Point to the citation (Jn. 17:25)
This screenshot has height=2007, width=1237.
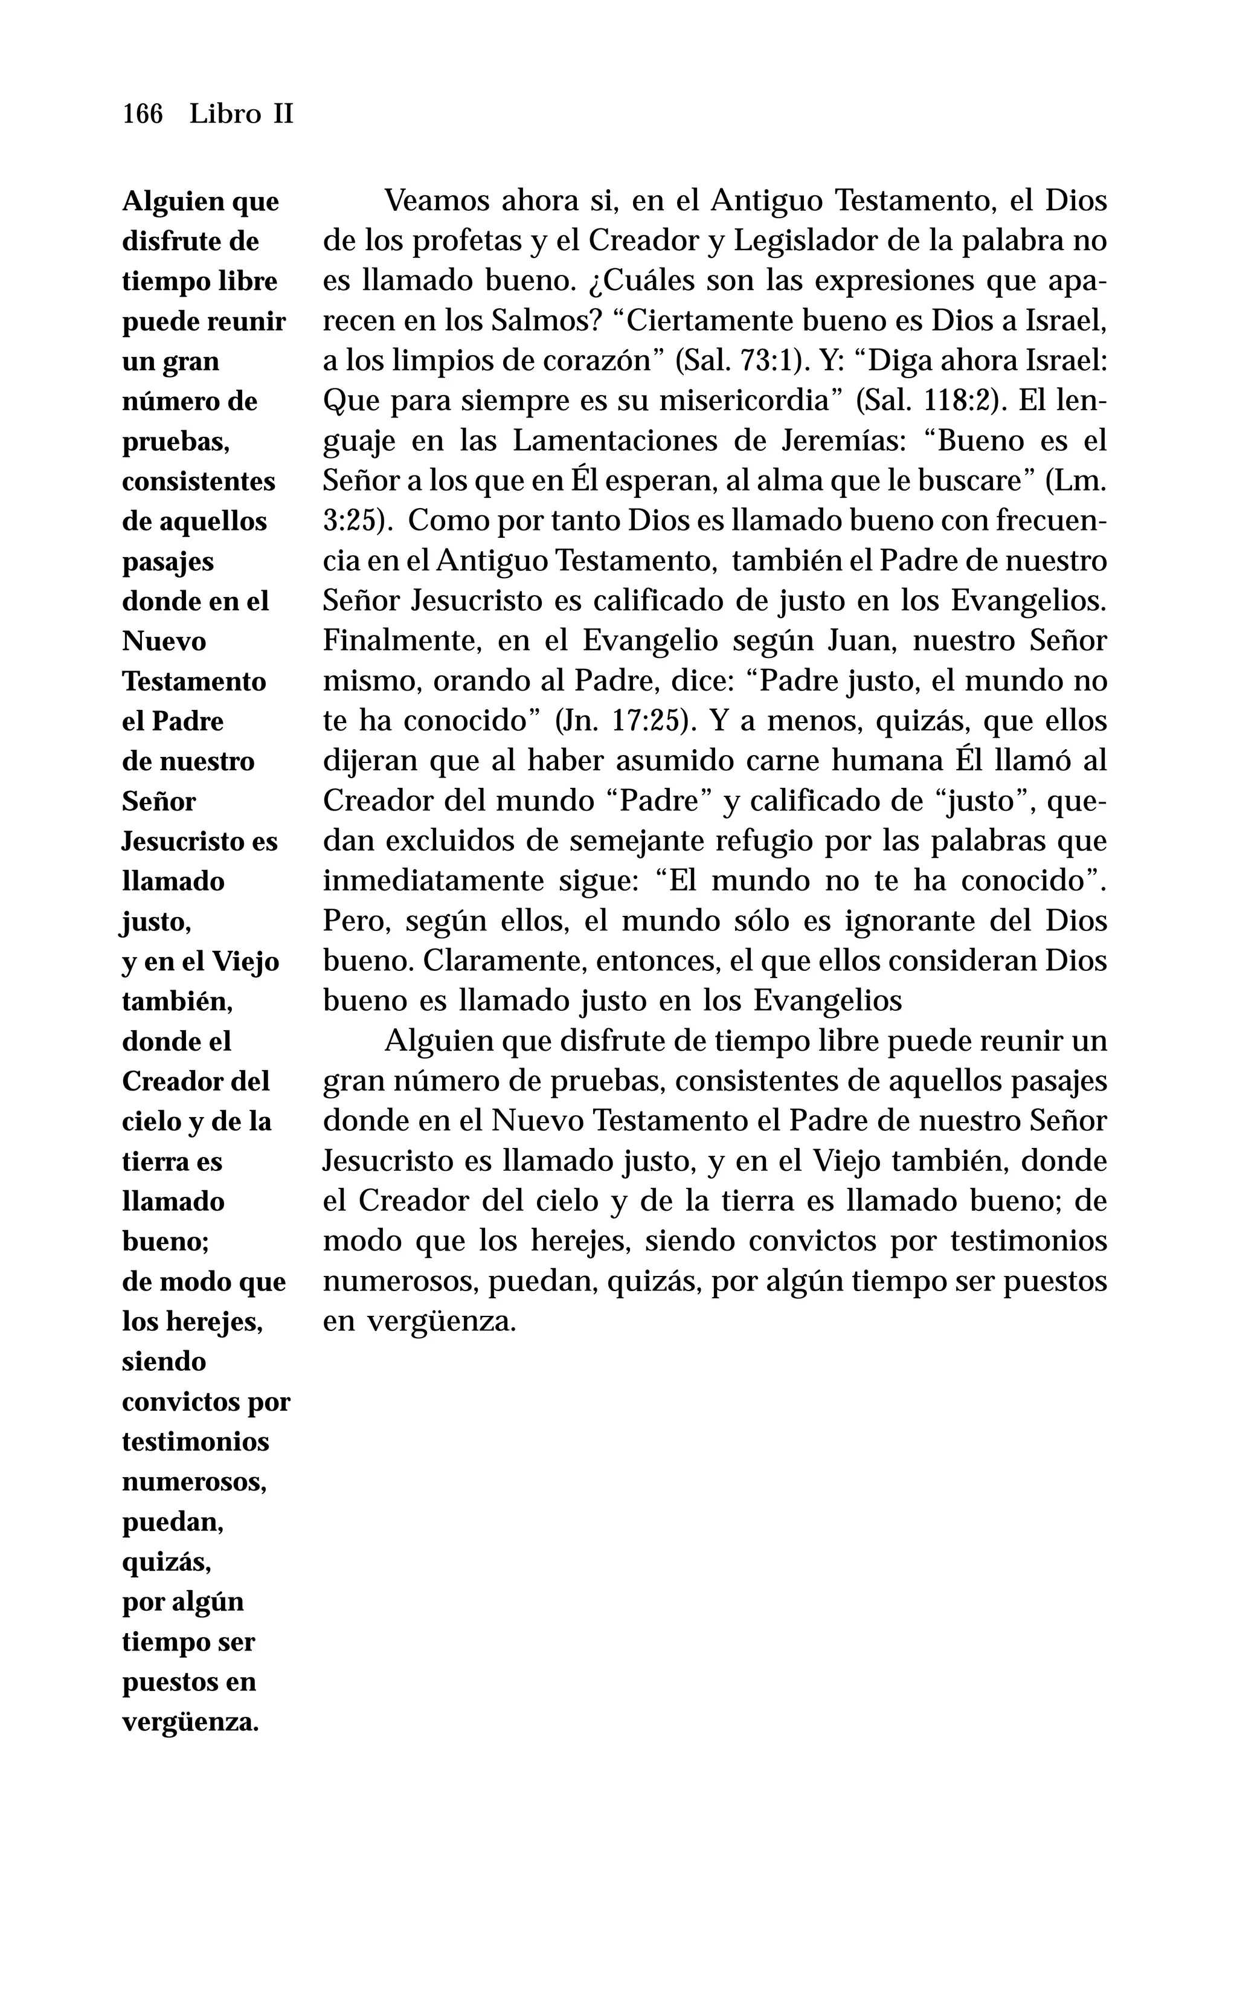pyautogui.click(x=626, y=721)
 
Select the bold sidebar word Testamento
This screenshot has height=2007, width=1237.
pyautogui.click(x=194, y=681)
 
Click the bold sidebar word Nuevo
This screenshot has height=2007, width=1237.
pyautogui.click(x=164, y=642)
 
